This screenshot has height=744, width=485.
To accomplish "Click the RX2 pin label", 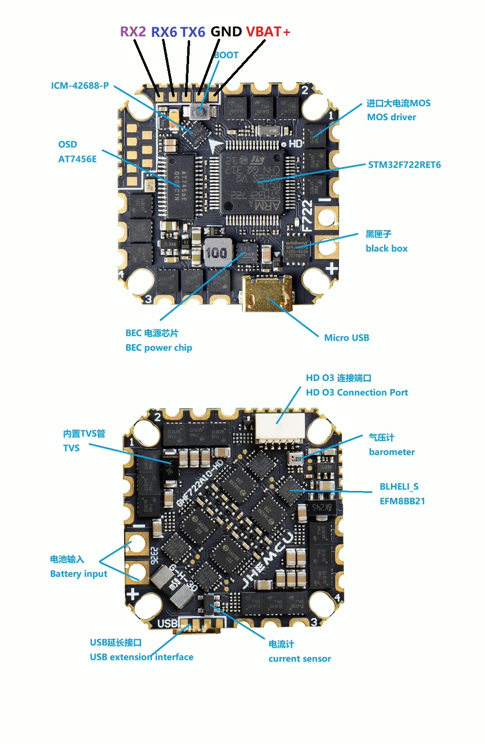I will pyautogui.click(x=132, y=32).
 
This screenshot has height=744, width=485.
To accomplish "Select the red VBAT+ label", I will pyautogui.click(x=268, y=32).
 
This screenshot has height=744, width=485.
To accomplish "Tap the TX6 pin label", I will pyautogui.click(x=193, y=32).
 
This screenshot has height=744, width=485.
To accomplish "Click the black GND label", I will pyautogui.click(x=226, y=32).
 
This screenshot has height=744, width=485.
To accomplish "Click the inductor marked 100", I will pyautogui.click(x=216, y=253).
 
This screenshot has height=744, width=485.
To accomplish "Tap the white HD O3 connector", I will pyautogui.click(x=280, y=427).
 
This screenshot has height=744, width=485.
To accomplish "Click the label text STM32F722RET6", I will pyautogui.click(x=404, y=165).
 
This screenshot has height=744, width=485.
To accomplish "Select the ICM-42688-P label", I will pyautogui.click(x=80, y=86).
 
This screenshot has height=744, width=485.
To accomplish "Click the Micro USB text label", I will pyautogui.click(x=346, y=338).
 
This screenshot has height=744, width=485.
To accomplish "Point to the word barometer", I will pyautogui.click(x=391, y=452).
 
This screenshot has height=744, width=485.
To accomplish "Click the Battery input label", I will pyautogui.click(x=79, y=574).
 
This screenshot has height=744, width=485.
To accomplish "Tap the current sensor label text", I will pyautogui.click(x=300, y=659).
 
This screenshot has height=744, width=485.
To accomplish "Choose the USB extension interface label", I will pyautogui.click(x=141, y=657).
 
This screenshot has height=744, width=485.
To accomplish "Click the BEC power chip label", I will pyautogui.click(x=159, y=348).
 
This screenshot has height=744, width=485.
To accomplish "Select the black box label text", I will pyautogui.click(x=386, y=249).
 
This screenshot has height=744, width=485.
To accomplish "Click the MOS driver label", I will pyautogui.click(x=391, y=117).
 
